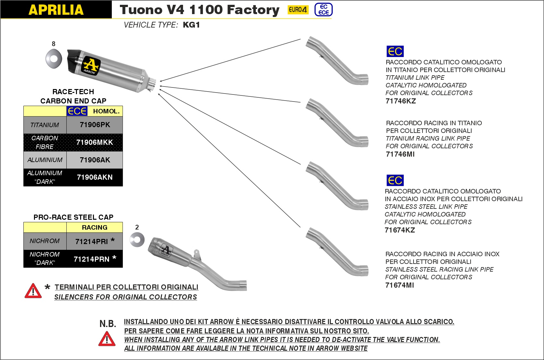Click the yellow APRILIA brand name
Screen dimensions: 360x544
click(x=56, y=10)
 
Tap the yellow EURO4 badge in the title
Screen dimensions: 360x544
click(x=298, y=10)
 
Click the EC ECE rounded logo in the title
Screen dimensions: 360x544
click(x=323, y=10)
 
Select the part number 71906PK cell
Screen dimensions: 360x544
click(x=95, y=125)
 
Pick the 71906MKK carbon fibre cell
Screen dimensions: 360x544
click(x=95, y=142)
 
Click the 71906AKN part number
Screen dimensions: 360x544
click(x=95, y=177)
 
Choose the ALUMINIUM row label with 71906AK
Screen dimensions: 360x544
click(x=45, y=160)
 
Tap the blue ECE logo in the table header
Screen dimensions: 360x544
click(x=77, y=111)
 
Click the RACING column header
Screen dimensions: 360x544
click(x=95, y=227)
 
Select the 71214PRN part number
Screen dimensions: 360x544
click(x=92, y=259)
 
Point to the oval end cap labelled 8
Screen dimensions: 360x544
click(x=54, y=59)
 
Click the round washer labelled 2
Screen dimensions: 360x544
click(x=137, y=240)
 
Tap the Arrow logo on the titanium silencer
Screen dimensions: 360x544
click(x=91, y=66)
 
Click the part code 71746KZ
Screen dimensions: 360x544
click(x=401, y=101)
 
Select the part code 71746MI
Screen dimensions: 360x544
click(x=400, y=154)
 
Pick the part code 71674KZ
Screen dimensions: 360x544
click(x=400, y=230)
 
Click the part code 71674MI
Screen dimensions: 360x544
click(x=399, y=285)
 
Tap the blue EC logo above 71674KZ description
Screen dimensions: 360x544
click(x=395, y=180)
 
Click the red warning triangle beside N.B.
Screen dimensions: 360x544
click(x=107, y=339)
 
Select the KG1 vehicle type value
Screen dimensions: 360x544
click(x=191, y=25)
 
